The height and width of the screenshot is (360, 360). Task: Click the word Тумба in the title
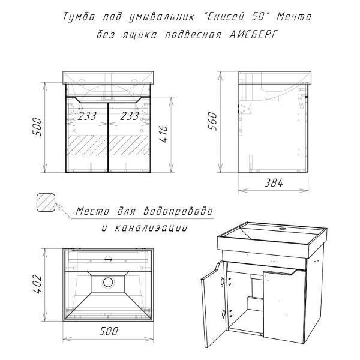tap(79, 17)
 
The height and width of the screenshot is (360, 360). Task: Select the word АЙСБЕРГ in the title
tap(253, 35)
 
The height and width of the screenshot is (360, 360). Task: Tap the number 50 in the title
tap(258, 17)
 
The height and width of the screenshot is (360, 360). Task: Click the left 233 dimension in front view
tap(87, 116)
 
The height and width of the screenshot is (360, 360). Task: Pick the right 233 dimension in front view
tap(130, 116)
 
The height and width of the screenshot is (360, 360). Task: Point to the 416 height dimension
tap(164, 134)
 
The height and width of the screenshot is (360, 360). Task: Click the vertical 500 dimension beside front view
tap(37, 127)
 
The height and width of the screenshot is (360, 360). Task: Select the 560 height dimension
tap(212, 121)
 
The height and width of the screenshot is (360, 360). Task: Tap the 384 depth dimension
tap(274, 183)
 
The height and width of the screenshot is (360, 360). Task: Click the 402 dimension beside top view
tap(37, 284)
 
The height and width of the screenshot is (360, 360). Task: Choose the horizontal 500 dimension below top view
tap(109, 331)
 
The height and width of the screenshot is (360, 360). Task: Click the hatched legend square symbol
tap(46, 202)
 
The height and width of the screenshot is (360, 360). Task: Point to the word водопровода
tap(178, 211)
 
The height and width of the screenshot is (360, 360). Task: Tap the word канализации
tap(151, 228)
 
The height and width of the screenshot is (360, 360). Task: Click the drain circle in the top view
tap(108, 282)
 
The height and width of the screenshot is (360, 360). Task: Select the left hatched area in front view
tap(88, 145)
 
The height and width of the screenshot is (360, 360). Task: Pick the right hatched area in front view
tap(128, 145)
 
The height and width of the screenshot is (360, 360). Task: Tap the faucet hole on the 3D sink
tap(283, 229)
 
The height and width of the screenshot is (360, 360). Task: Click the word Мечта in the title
tap(294, 17)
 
